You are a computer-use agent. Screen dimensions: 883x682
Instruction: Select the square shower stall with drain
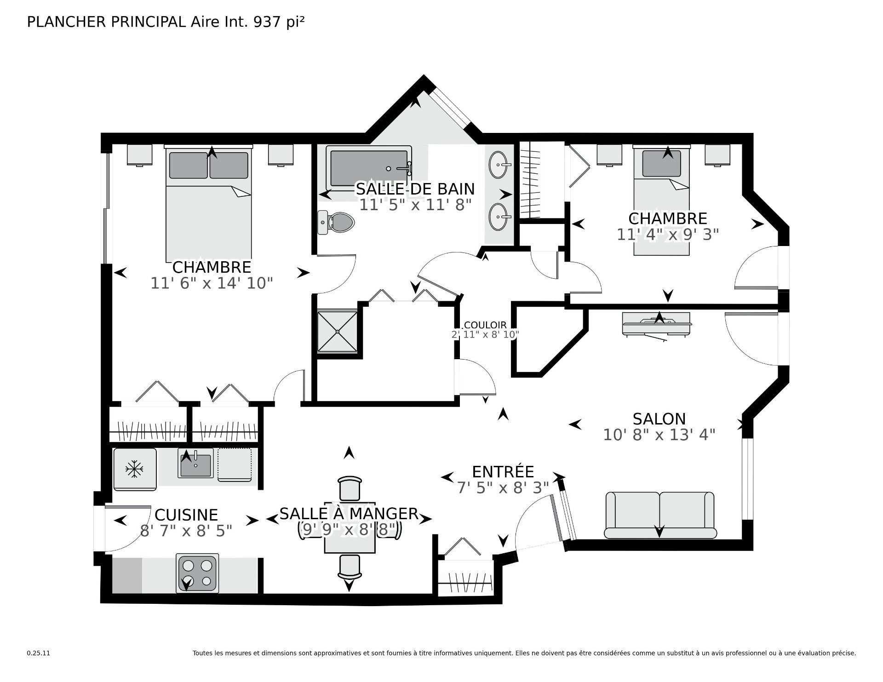coord(337,332)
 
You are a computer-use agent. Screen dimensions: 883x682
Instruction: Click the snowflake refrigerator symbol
coord(135,469)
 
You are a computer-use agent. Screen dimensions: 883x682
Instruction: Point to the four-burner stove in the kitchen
coord(197,573)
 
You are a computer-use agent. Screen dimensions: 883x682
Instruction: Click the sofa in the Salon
coord(660,515)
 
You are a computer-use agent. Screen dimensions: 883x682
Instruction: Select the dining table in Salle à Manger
coord(350,527)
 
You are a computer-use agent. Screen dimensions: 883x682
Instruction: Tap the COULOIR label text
coord(485,325)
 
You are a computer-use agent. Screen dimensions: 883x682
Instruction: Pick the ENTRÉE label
coord(503,472)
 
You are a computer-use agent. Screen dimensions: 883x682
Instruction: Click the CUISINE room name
coord(186,515)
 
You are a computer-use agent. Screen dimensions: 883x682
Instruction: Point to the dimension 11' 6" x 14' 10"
coord(212,283)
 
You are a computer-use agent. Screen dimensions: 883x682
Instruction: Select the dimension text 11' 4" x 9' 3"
coord(668,235)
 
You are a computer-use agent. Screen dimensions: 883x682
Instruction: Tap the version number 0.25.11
coord(38,653)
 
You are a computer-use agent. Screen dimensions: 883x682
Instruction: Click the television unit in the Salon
coord(656,324)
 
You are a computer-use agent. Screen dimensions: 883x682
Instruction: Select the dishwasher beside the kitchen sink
coord(235,464)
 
